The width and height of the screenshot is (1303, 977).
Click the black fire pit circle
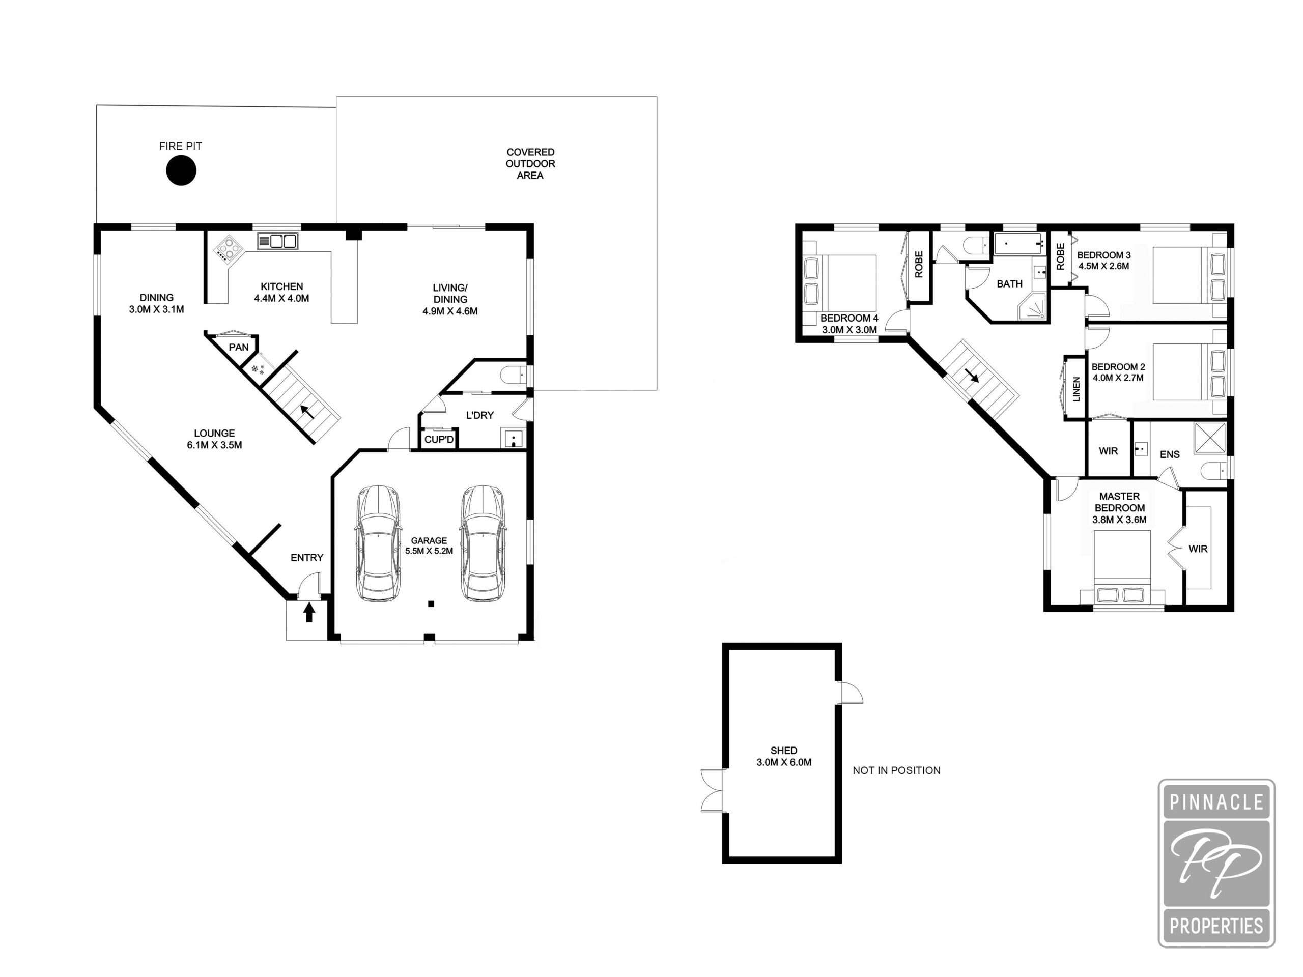click(x=180, y=171)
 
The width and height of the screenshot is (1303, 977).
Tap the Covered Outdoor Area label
click(x=530, y=164)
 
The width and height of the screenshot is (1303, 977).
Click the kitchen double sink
click(x=277, y=240)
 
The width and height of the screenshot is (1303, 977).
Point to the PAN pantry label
click(x=239, y=348)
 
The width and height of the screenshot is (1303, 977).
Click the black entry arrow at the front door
click(x=308, y=613)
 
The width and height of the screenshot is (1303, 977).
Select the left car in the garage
click(x=378, y=543)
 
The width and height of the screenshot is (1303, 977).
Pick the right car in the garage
click(x=483, y=543)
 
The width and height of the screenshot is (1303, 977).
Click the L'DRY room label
click(x=479, y=415)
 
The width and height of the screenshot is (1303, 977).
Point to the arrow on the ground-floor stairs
click(x=307, y=411)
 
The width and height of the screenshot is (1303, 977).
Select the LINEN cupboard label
click(x=1076, y=389)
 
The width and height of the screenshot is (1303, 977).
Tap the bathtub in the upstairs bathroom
click(x=1019, y=243)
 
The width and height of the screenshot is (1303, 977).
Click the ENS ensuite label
click(x=1170, y=454)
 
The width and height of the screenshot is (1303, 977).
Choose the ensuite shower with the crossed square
click(x=1209, y=438)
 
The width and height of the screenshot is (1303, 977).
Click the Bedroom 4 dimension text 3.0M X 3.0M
click(x=849, y=330)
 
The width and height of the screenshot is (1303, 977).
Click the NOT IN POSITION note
click(x=896, y=770)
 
